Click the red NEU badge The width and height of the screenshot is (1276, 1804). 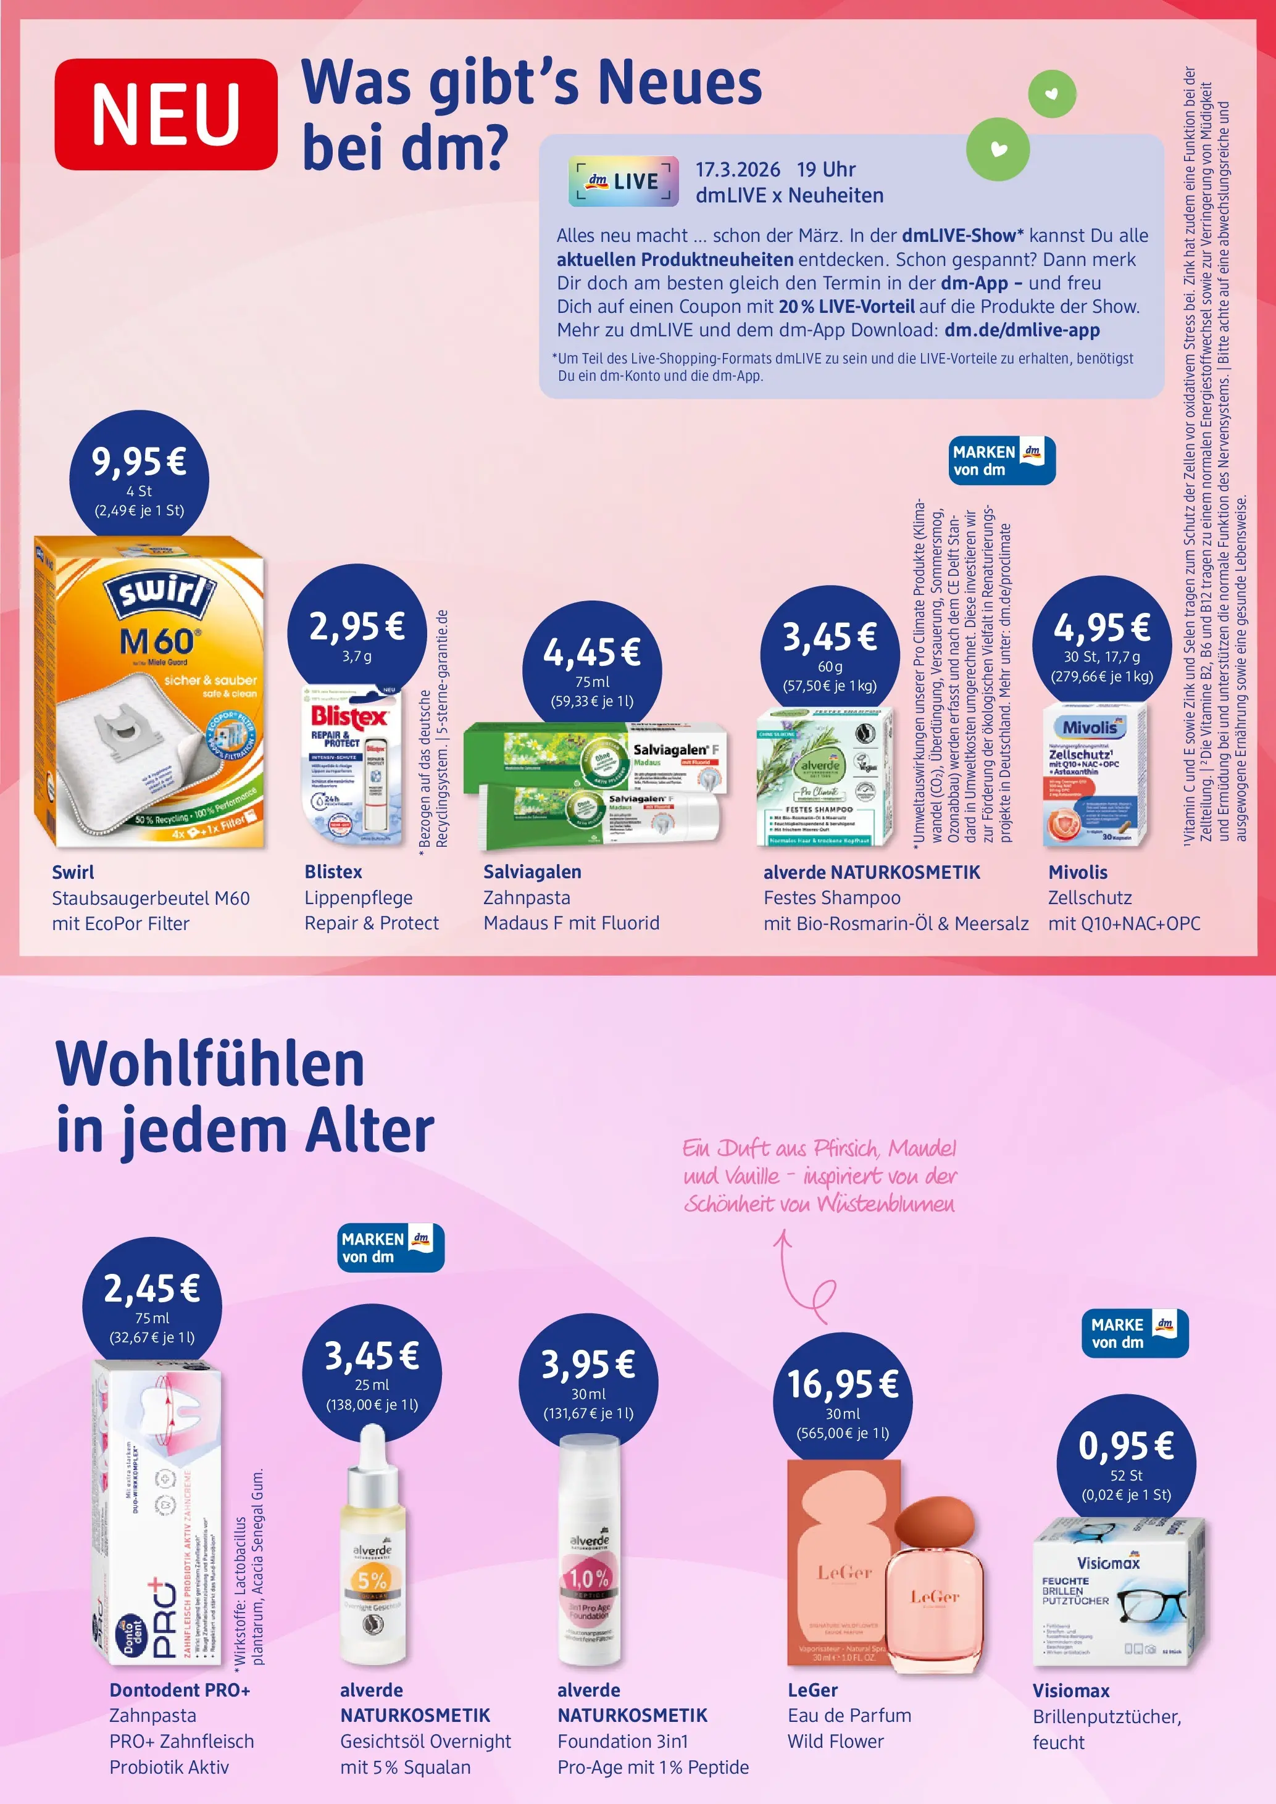166,115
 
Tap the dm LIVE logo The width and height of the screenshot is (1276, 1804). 623,181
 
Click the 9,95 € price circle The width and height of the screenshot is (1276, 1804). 139,480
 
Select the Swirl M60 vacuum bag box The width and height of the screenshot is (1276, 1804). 149,691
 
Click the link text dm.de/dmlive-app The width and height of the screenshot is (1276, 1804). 1022,330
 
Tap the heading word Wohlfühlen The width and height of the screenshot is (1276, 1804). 211,1064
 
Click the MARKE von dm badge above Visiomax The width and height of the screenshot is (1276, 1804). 1134,1332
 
